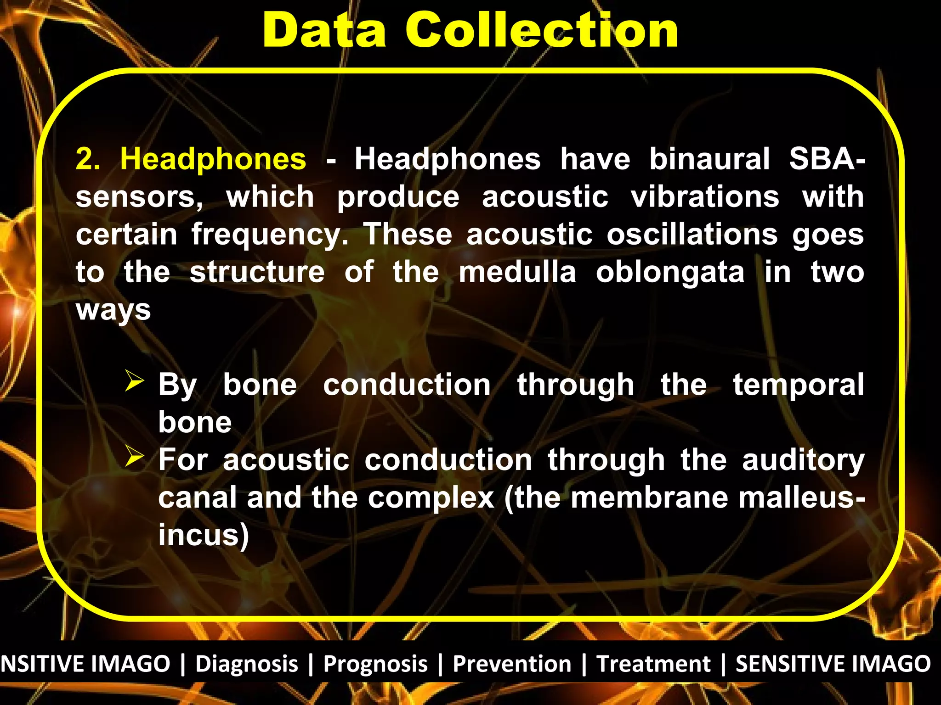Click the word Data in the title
click(x=324, y=30)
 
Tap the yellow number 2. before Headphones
click(x=88, y=159)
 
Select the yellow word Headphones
click(x=213, y=159)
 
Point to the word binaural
click(x=709, y=159)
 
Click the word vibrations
click(x=705, y=197)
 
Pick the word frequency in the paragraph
click(x=270, y=235)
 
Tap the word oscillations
click(x=692, y=235)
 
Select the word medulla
click(x=517, y=272)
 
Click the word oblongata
click(x=670, y=273)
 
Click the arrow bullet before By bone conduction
click(x=134, y=381)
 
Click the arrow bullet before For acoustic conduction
click(x=134, y=457)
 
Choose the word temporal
click(x=799, y=385)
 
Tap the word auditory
click(x=803, y=460)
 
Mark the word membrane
click(x=649, y=498)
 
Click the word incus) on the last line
click(x=204, y=535)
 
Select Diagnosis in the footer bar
click(x=247, y=664)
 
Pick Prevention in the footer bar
click(x=512, y=664)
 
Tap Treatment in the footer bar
click(x=653, y=664)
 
